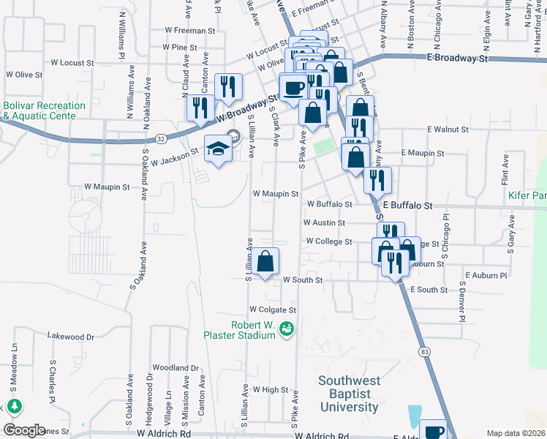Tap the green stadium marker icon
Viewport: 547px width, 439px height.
click(x=288, y=331)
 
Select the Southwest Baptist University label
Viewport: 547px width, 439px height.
click(x=350, y=393)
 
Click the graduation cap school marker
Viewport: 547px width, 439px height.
click(x=217, y=149)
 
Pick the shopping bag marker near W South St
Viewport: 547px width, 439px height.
click(x=266, y=261)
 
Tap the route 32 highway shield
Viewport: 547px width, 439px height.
click(x=161, y=137)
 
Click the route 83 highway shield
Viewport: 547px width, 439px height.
click(x=425, y=352)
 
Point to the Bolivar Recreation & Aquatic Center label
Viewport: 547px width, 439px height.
click(x=44, y=110)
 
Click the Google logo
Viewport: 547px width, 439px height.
click(x=25, y=430)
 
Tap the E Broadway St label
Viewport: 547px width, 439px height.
click(x=457, y=57)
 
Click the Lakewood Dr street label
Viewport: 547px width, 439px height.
click(x=71, y=337)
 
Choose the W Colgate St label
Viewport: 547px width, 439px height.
click(x=273, y=309)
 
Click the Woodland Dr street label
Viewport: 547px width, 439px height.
click(x=176, y=367)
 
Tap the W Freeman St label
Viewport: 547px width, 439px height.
click(x=190, y=31)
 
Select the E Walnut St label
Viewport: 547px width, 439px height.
click(x=448, y=130)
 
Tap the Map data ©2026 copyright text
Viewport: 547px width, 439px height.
click(x=516, y=433)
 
